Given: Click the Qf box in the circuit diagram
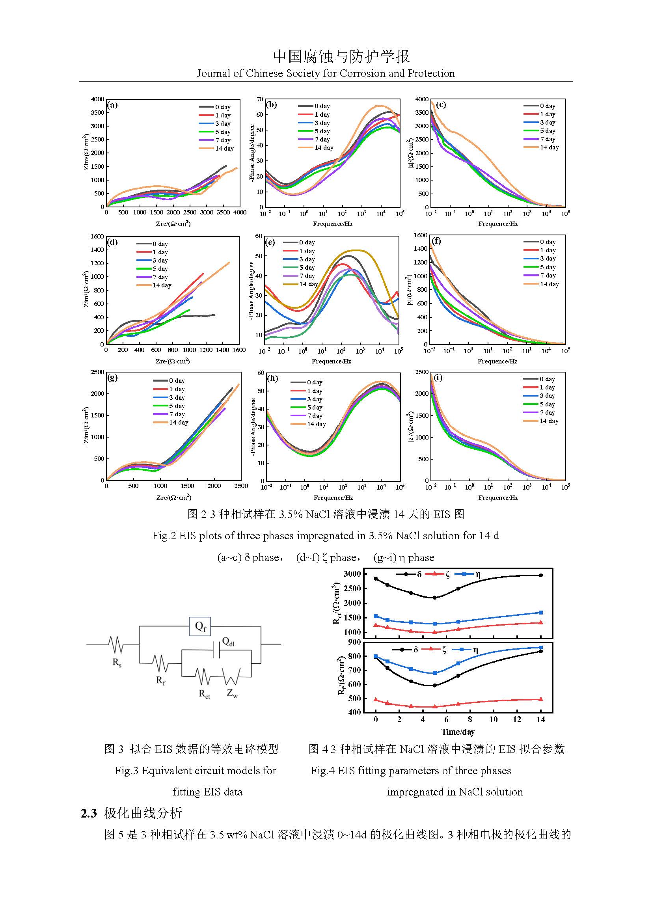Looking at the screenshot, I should (x=200, y=626).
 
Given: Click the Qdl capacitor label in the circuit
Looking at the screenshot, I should (x=228, y=642).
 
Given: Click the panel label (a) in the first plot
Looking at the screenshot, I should (x=112, y=105).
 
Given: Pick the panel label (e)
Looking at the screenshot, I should (x=270, y=242).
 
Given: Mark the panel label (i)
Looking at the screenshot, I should (x=438, y=378).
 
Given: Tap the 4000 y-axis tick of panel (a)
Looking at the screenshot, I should (x=97, y=99).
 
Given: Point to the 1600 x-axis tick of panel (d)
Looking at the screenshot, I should (x=239, y=350).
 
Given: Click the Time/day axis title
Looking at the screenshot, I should (x=458, y=732).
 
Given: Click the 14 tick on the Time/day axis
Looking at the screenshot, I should (x=540, y=719).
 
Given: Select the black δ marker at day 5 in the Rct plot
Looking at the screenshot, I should (x=434, y=598).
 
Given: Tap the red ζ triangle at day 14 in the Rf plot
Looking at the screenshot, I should (x=540, y=699).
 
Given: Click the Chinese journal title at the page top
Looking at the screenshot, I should (x=341, y=57).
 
